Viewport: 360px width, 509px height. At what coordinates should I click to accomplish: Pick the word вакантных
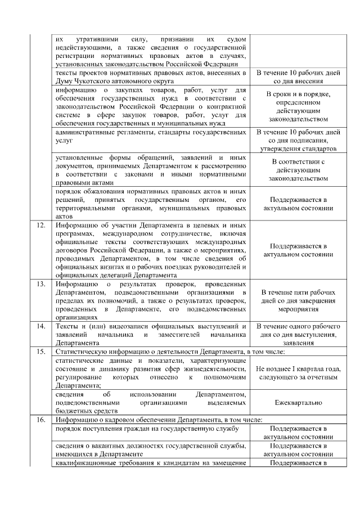pos(106,445)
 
